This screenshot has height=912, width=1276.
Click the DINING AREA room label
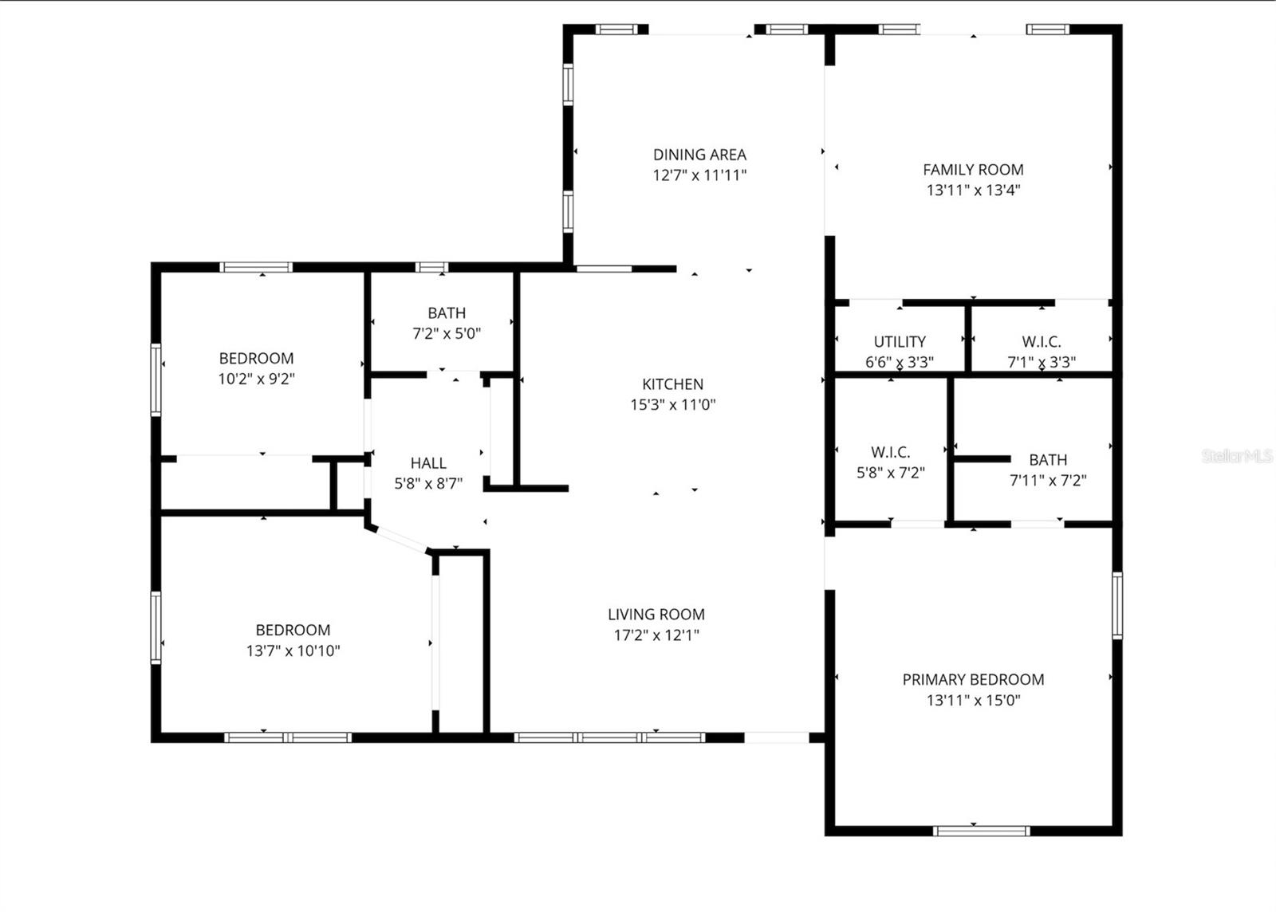coord(699,155)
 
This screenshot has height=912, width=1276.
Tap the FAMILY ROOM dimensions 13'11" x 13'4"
coord(973,191)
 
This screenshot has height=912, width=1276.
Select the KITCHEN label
coord(672,384)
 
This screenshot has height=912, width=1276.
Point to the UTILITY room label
coord(900,341)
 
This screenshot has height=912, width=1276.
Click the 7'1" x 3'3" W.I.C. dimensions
coord(1041,362)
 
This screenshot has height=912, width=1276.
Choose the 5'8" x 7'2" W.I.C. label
coord(890,453)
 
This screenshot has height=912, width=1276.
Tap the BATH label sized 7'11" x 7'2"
coord(1047,460)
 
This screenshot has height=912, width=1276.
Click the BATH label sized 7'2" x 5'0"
coord(446,313)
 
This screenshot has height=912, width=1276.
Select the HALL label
coord(428,463)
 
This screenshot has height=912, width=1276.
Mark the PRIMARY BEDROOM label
coord(973,680)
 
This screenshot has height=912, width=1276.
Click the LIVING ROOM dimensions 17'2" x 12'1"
coord(656,635)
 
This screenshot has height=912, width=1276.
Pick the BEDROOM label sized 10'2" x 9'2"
coord(256,359)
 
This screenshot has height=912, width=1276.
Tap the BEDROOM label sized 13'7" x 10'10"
coord(293,630)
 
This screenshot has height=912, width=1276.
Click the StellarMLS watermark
coord(1237,457)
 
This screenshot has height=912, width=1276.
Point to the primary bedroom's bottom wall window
coord(981,831)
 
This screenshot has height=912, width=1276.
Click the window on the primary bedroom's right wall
coord(1117,605)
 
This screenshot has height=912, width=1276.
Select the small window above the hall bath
coord(431,268)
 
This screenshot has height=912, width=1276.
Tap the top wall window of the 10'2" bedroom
coord(257,268)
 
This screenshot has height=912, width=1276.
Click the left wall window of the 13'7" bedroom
coord(156,627)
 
